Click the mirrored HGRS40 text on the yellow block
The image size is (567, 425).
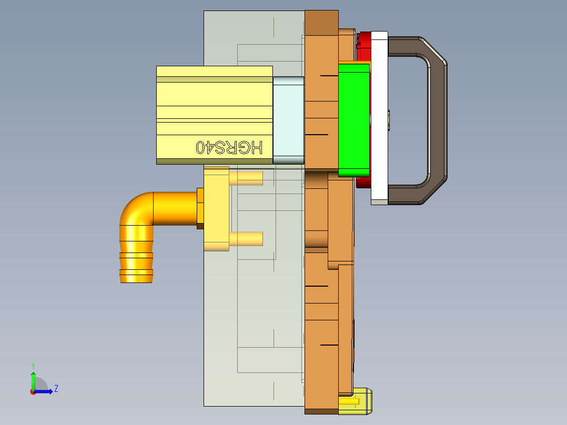229,147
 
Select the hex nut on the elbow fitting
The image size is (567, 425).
200,208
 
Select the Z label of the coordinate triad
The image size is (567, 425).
56,389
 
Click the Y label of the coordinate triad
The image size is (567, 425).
33,365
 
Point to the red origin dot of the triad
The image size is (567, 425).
33,392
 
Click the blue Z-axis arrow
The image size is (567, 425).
44,391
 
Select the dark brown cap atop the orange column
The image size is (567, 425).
321,23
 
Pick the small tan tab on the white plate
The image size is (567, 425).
388,120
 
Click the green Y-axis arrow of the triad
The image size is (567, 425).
33,380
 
